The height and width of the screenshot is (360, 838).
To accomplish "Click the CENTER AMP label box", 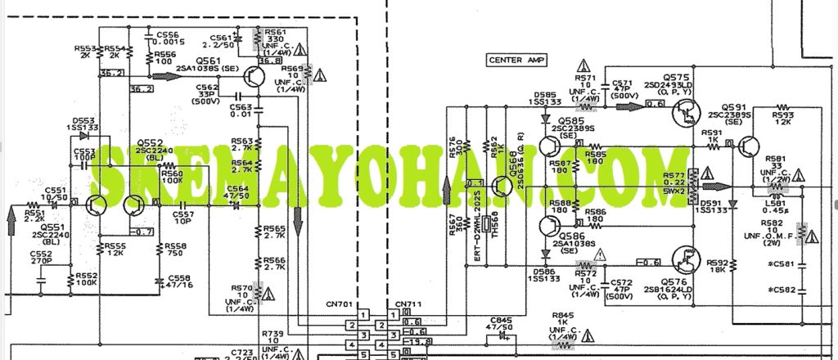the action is pyautogui.click(x=517, y=60).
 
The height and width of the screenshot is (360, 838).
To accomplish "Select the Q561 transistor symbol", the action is pyautogui.click(x=255, y=78).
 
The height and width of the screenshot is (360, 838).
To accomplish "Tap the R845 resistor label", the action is pyautogui.click(x=563, y=315).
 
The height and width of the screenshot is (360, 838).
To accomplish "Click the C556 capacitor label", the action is pyautogui.click(x=167, y=35).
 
